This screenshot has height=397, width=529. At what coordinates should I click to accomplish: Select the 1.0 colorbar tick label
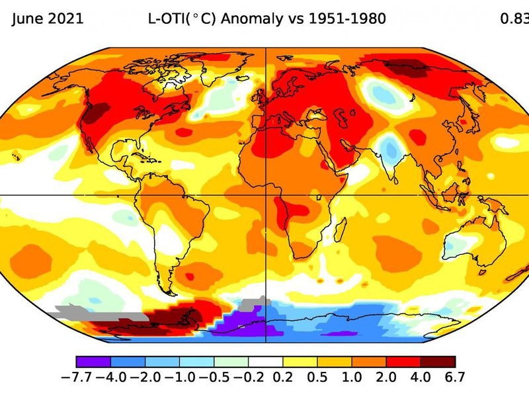(352, 378)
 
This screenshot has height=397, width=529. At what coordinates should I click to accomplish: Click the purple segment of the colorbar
(93, 362)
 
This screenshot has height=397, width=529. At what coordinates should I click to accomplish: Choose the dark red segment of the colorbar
(438, 362)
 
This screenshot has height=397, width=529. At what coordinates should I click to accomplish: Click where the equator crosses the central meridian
(266, 195)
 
